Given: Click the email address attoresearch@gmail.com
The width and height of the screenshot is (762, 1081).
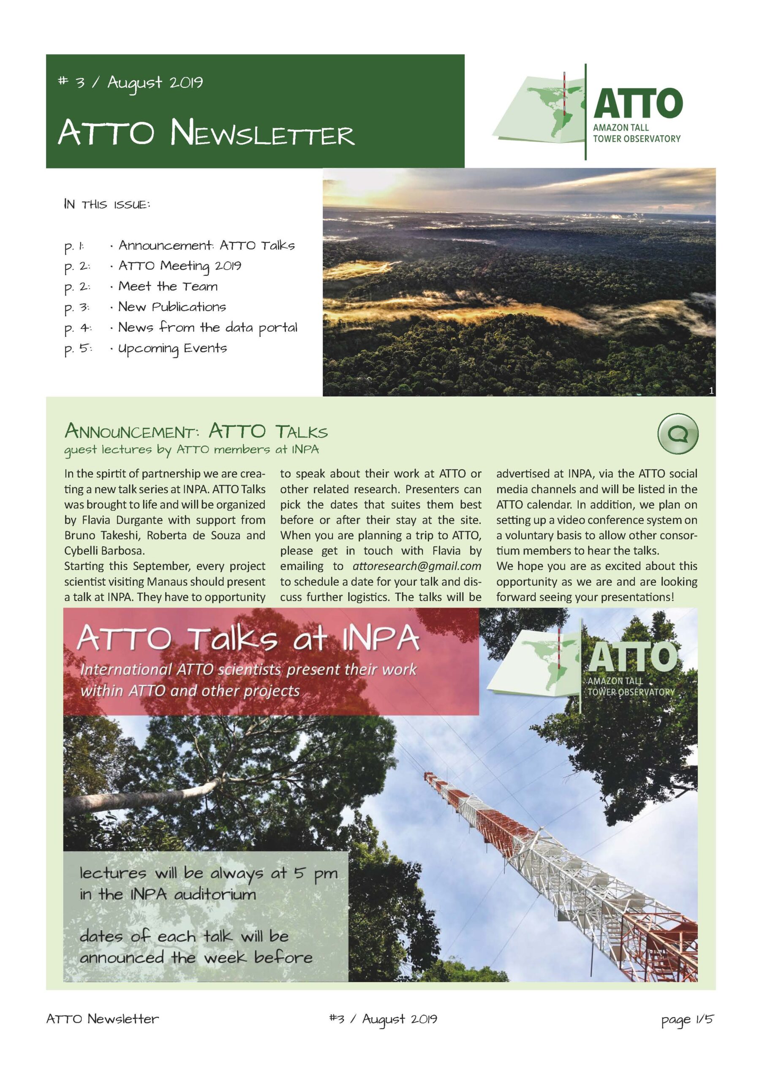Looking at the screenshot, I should [x=416, y=566].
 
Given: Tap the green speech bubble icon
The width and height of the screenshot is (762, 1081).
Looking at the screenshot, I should [x=677, y=434].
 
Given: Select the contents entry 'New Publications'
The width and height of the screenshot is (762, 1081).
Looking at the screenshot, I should [x=172, y=307].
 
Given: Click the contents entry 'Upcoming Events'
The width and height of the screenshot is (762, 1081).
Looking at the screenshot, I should [x=172, y=348].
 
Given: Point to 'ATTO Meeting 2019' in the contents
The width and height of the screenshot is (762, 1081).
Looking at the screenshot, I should [x=180, y=266].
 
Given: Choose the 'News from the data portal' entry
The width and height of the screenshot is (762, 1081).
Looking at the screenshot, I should [x=207, y=328].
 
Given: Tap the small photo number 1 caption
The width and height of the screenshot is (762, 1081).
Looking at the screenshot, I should [x=710, y=390].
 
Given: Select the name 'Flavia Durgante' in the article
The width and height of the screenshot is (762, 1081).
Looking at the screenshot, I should [x=111, y=520].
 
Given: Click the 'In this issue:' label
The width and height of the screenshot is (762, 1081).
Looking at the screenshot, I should [x=107, y=205].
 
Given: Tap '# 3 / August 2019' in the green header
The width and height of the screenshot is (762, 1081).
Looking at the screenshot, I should [x=130, y=83].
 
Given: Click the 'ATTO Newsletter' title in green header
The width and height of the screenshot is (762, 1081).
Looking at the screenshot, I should [x=206, y=134].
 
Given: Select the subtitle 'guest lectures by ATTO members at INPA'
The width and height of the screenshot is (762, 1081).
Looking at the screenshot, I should [x=191, y=450].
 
